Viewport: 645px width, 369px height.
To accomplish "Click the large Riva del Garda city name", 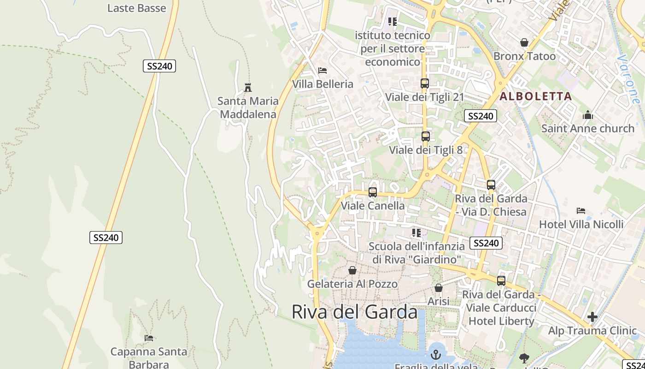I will [354, 312].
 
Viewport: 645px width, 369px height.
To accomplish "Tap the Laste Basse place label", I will [136, 8].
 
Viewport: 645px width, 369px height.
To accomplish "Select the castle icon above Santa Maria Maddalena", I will [248, 87].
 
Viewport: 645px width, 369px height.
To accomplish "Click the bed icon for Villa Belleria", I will [322, 71].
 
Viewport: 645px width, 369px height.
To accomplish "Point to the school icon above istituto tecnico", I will [392, 21].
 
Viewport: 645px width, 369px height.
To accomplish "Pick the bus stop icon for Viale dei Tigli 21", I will [425, 83].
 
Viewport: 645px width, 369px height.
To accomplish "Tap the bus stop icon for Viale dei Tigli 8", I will [426, 137].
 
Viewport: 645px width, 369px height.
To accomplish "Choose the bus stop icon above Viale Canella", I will [373, 192].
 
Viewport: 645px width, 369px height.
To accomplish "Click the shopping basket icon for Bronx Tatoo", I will [524, 43].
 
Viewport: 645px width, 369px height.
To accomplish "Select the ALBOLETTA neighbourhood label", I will [536, 96].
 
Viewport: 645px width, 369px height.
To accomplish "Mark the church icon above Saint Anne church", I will [588, 115].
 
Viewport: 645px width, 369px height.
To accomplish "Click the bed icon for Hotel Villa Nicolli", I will [581, 211].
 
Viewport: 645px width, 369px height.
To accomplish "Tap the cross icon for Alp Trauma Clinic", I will [592, 317].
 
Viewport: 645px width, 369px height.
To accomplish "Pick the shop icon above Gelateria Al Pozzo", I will [352, 270].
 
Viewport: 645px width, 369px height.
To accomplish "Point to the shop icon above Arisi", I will [439, 288].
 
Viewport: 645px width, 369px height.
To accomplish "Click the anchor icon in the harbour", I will [436, 355].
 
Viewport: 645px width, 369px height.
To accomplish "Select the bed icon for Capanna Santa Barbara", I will [149, 338].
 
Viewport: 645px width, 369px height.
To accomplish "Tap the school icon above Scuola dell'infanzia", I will [416, 233].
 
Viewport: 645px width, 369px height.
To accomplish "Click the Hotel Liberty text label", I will [502, 321].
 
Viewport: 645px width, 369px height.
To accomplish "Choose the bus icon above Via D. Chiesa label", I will [491, 185].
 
